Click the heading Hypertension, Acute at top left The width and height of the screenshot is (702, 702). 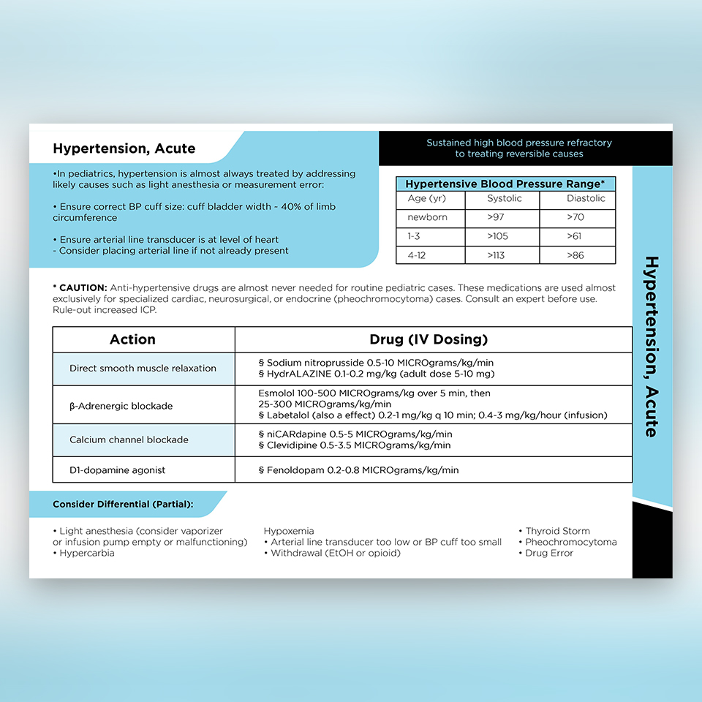pyautogui.click(x=124, y=148)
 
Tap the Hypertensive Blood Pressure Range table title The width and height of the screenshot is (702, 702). pyautogui.click(x=505, y=184)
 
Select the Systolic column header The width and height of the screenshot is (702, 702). pyautogui.click(x=505, y=198)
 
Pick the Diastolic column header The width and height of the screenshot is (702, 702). pyautogui.click(x=586, y=198)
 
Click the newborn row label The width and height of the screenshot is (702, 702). pyautogui.click(x=427, y=217)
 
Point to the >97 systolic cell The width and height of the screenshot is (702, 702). pyautogui.click(x=497, y=217)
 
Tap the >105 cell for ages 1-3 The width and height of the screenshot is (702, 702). pyautogui.click(x=499, y=236)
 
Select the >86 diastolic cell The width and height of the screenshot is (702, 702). pyautogui.click(x=577, y=255)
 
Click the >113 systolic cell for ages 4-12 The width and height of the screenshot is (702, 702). pyautogui.click(x=499, y=255)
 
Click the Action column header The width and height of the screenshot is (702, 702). pyautogui.click(x=132, y=339)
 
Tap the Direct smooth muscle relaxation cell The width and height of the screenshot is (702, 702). pyautogui.click(x=143, y=369)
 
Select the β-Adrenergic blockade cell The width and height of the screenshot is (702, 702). pyautogui.click(x=121, y=406)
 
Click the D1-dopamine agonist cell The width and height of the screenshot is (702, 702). pyautogui.click(x=117, y=469)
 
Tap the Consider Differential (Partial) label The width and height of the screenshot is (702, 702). pyautogui.click(x=123, y=505)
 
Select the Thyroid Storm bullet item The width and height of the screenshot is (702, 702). pyautogui.click(x=557, y=531)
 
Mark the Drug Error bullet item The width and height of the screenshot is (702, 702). pyautogui.click(x=549, y=553)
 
